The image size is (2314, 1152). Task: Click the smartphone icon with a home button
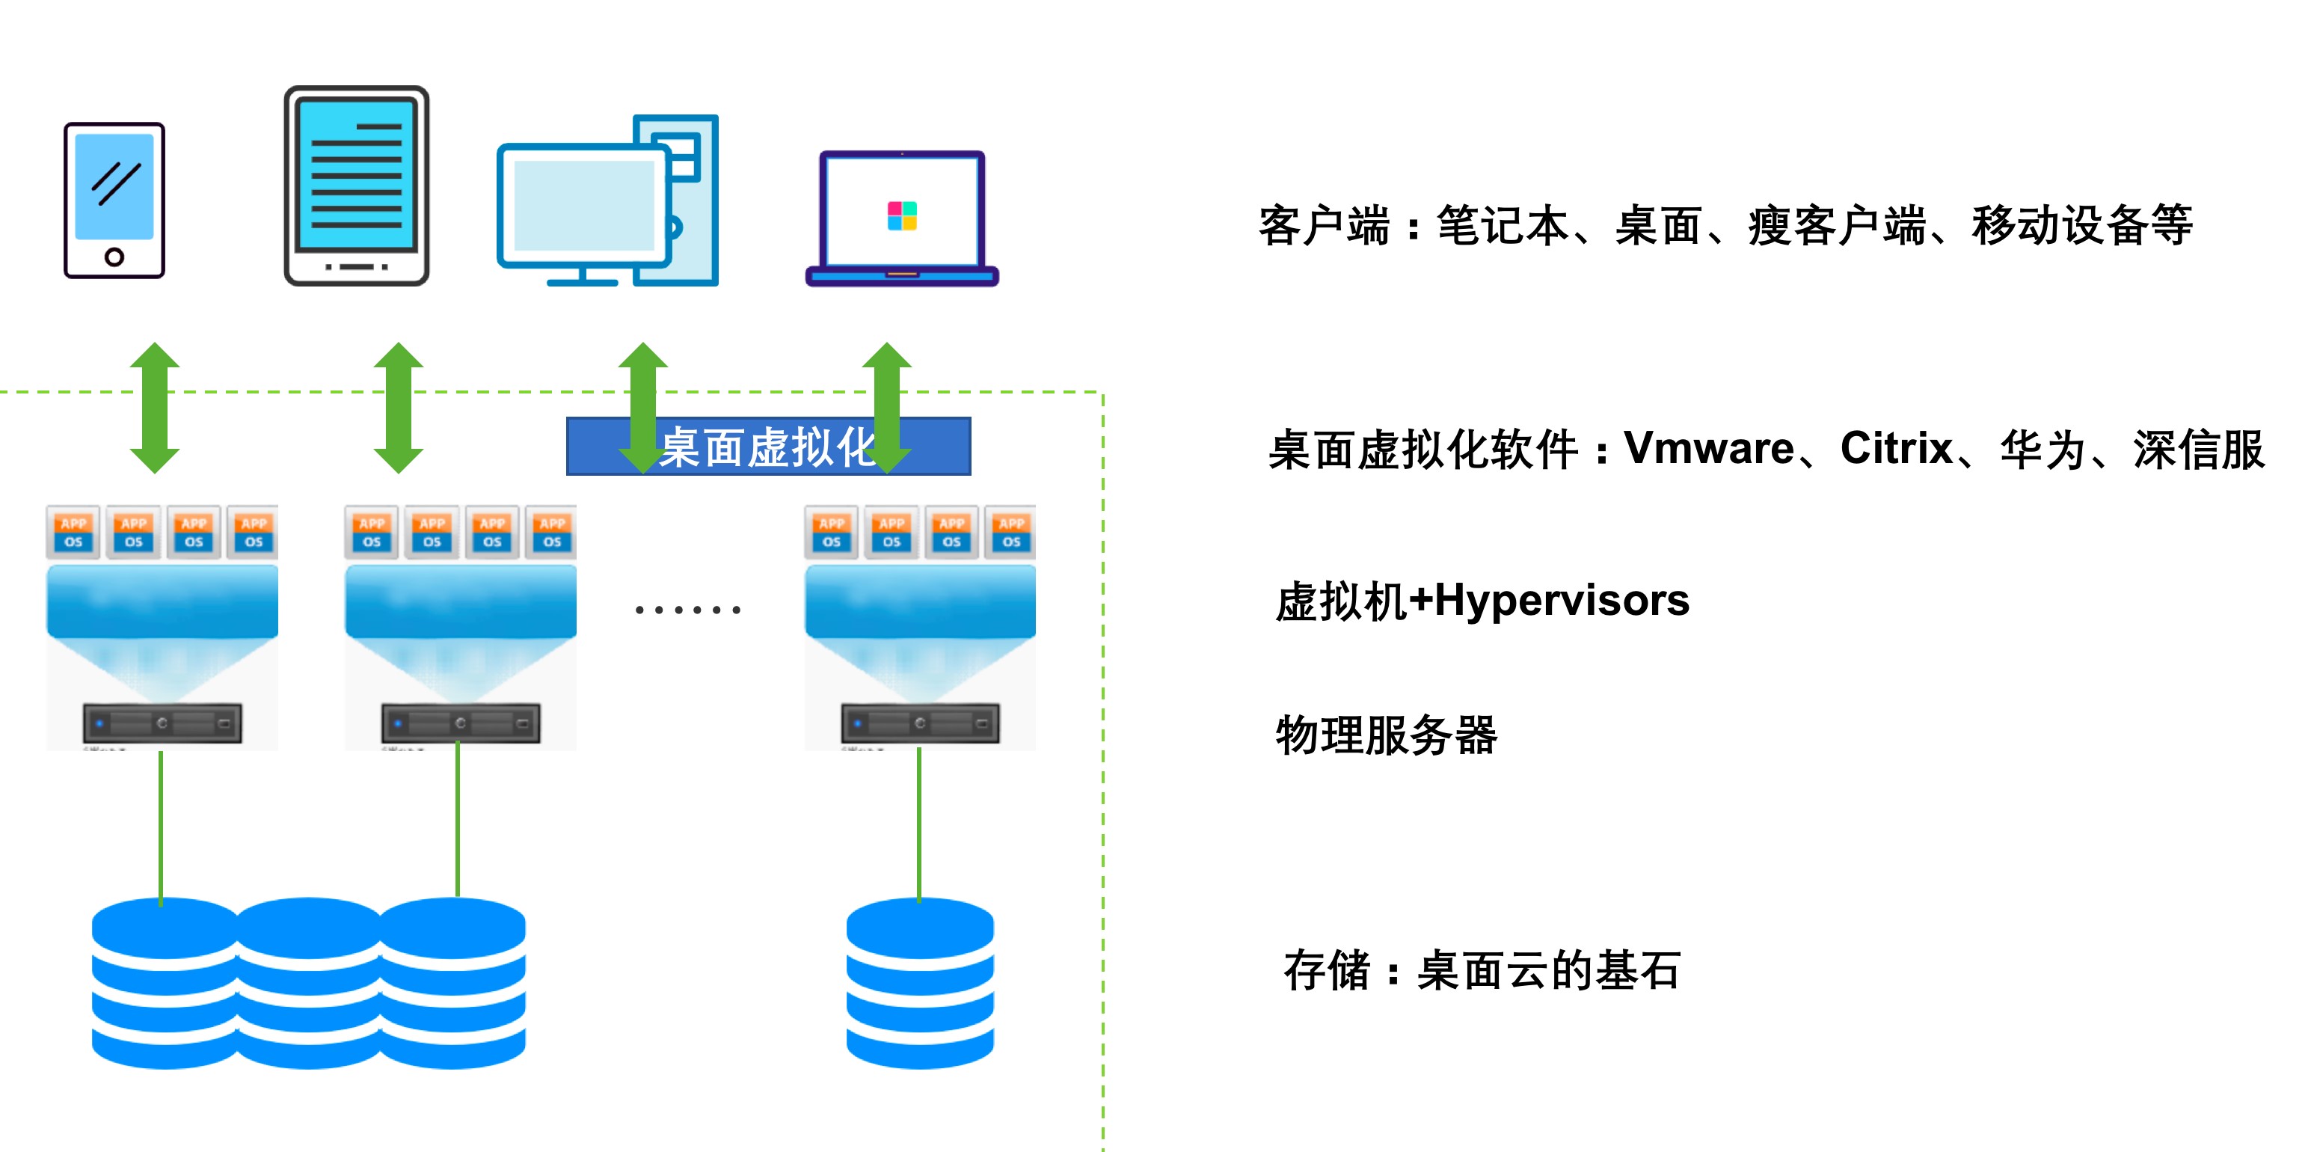pos(114,200)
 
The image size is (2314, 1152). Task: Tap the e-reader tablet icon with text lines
pos(357,186)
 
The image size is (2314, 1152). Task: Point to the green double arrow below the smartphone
pos(155,407)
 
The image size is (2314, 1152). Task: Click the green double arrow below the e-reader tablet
pos(398,407)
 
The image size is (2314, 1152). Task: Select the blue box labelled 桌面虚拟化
pos(768,447)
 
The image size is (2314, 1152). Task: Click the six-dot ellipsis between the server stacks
pos(687,610)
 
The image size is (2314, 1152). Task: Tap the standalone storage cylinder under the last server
pos(920,983)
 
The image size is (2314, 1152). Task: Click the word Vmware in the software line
pos(1708,447)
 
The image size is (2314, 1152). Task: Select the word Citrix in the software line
pos(1896,447)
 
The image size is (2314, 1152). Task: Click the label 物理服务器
pos(1386,735)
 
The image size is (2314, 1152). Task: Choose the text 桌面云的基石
pos(1549,970)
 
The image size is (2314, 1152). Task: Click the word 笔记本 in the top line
pos(1503,224)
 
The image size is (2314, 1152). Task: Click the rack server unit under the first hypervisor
pos(162,723)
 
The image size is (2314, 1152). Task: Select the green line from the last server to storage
pos(919,822)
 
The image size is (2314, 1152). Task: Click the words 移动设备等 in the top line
pos(2082,224)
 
